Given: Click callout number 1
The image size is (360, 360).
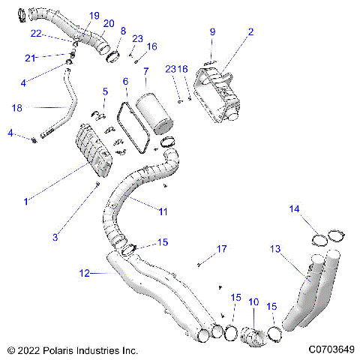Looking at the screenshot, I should click(x=26, y=201).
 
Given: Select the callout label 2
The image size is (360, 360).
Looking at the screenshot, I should click(x=250, y=31).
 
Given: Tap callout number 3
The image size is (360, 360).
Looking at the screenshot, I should click(x=55, y=238).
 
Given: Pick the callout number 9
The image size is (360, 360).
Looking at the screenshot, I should click(x=212, y=31).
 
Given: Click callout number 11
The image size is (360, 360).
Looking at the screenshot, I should click(x=163, y=212).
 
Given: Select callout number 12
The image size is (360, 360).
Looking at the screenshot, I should click(x=84, y=274).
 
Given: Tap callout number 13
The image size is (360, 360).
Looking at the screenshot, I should click(x=275, y=248).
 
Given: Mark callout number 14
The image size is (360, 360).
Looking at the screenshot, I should click(x=295, y=208).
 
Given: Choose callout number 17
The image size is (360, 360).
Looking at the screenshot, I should click(x=221, y=248).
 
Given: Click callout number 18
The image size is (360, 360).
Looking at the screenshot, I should click(x=16, y=108).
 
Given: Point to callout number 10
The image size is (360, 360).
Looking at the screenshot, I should click(x=253, y=301).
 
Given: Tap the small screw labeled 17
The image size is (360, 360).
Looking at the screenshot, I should click(x=199, y=263).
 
